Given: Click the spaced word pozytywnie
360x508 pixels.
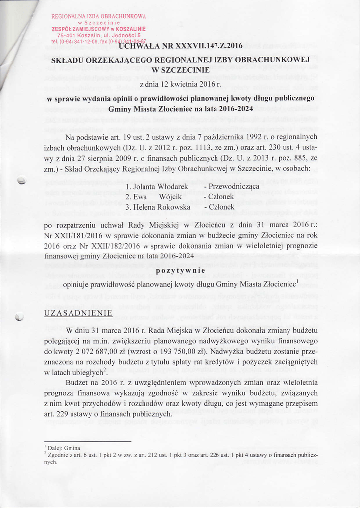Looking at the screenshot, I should tap(181, 271).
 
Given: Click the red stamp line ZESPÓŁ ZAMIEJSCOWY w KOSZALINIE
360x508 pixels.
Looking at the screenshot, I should tap(98, 29).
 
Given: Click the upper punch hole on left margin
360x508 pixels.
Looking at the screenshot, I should tap(21, 181).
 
